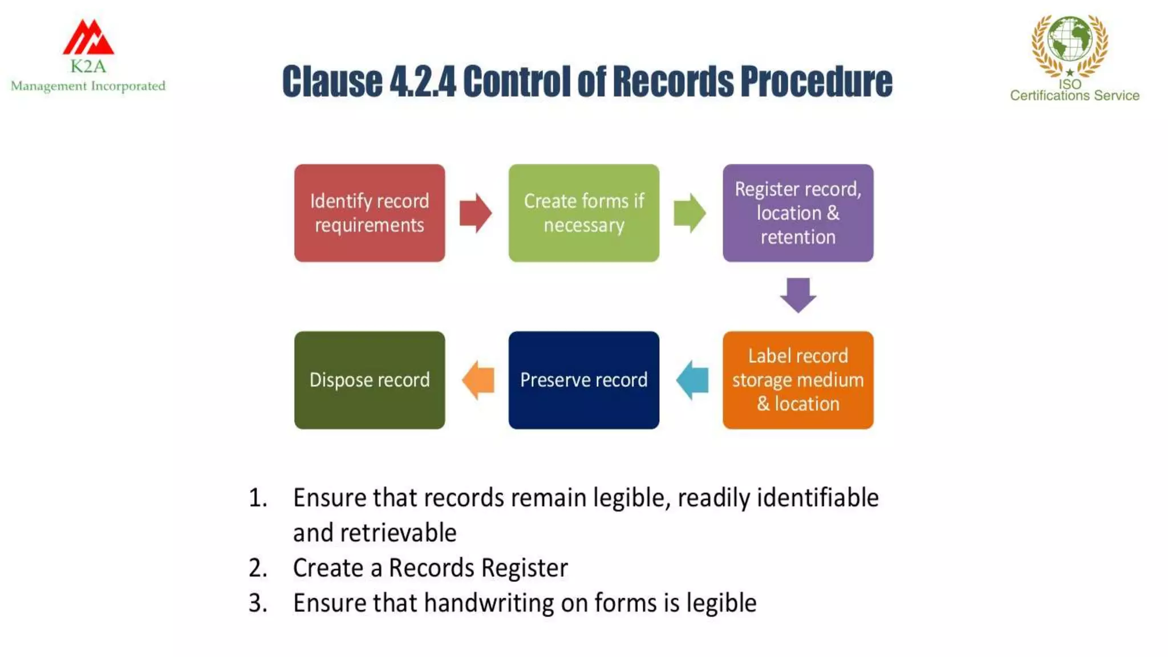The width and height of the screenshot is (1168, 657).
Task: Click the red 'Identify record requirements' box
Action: [370, 213]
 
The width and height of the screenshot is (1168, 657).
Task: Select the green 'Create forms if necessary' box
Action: [583, 213]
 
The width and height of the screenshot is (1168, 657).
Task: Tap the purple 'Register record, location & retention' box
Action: [798, 213]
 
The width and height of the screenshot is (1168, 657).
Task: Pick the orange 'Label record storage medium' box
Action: [798, 380]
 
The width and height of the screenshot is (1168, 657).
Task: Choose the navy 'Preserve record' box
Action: [583, 380]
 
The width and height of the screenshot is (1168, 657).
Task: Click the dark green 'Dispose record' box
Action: [370, 380]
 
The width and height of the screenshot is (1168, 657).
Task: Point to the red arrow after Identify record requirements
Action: [476, 213]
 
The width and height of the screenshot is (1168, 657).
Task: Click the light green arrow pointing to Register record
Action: [690, 213]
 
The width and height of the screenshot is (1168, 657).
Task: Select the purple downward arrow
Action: [798, 295]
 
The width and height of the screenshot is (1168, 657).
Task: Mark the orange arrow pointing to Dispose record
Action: [478, 380]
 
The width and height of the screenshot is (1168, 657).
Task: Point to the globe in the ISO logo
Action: [1070, 39]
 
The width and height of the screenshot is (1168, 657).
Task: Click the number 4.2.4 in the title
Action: [423, 82]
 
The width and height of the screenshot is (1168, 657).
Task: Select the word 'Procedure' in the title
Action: [816, 82]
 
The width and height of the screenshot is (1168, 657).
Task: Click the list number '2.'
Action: [258, 568]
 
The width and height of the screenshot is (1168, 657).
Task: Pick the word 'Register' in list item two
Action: [524, 568]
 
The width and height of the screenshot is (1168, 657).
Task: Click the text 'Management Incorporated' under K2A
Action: [88, 86]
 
